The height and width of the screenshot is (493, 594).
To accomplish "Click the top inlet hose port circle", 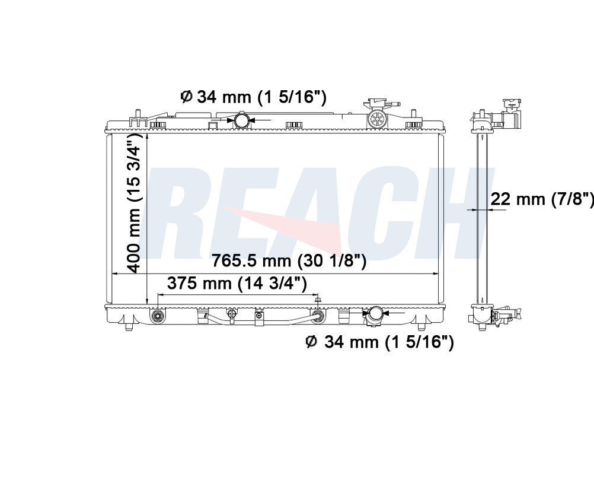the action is click(x=241, y=120).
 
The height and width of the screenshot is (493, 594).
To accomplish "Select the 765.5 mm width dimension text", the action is click(x=289, y=261).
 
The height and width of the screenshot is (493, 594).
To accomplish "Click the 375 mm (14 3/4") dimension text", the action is click(x=237, y=284).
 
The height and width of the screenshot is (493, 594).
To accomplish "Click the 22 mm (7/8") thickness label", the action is click(x=542, y=198).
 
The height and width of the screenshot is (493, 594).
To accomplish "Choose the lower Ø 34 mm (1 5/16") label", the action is click(x=379, y=342).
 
